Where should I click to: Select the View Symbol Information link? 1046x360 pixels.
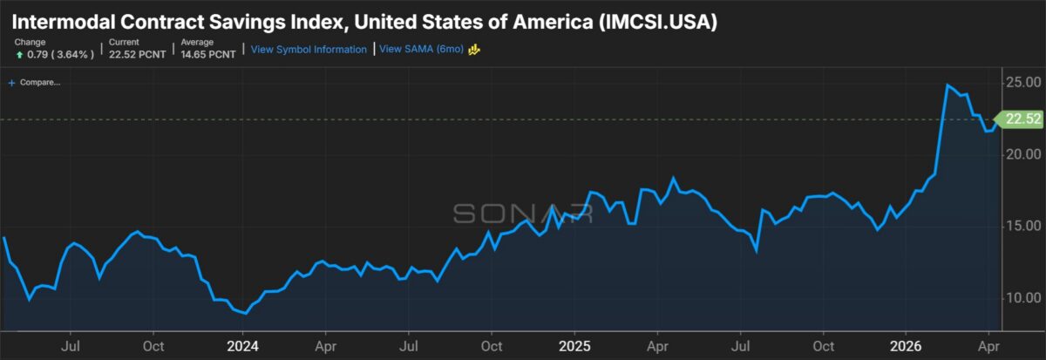tap(309, 50)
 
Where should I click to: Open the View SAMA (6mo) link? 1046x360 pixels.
tap(422, 50)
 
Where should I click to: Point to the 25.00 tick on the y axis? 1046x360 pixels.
tap(1023, 83)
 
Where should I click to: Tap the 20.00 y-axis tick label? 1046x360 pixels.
tap(1023, 154)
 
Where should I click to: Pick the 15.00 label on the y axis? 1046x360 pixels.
tap(1023, 226)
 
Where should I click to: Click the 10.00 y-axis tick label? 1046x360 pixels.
tap(1023, 297)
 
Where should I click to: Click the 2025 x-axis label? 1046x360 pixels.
tap(574, 344)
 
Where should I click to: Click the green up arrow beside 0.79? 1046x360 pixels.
tap(19, 55)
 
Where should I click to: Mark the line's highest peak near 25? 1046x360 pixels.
tap(947, 85)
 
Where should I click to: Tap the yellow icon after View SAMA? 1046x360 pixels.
tap(476, 50)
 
